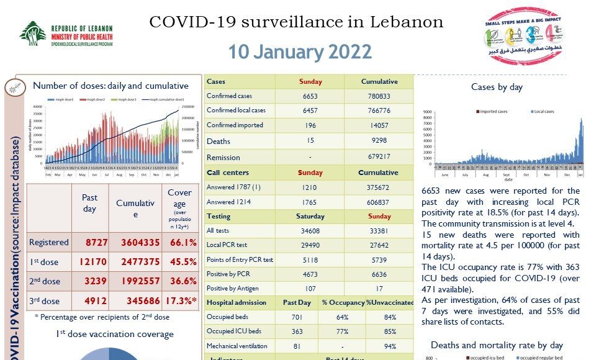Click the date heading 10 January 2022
pyautogui.click(x=300, y=52)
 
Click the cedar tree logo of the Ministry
pyautogui.click(x=32, y=34)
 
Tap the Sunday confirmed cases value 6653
pyautogui.click(x=310, y=96)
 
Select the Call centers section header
pyautogui.click(x=228, y=173)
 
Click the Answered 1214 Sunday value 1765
pyautogui.click(x=310, y=202)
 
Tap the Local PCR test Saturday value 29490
pyautogui.click(x=310, y=245)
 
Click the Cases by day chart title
pyautogui.click(x=497, y=87)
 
